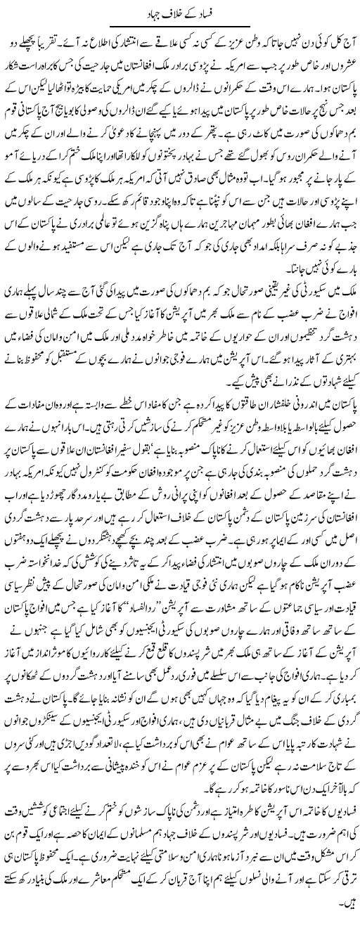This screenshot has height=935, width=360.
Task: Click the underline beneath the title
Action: [180, 25]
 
